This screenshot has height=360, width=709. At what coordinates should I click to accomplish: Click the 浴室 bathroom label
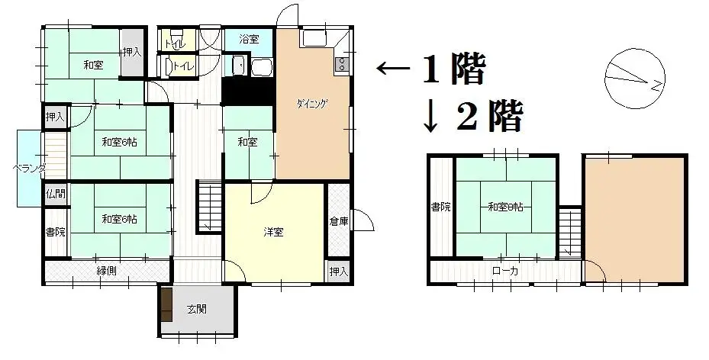tap(248, 39)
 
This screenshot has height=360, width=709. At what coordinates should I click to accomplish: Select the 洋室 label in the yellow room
tap(274, 232)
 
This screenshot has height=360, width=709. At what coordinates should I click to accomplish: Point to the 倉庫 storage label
tap(338, 221)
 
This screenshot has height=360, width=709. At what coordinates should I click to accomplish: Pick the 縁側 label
tap(106, 272)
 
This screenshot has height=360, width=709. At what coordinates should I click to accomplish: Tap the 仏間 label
tap(55, 194)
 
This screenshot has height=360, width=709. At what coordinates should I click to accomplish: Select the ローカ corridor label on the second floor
tap(504, 271)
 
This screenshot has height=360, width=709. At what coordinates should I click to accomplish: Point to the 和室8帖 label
tap(506, 206)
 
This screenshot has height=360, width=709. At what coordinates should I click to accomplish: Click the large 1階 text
tap(453, 71)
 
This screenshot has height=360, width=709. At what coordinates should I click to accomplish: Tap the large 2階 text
tap(490, 118)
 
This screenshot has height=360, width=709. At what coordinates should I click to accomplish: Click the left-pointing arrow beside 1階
tap(393, 70)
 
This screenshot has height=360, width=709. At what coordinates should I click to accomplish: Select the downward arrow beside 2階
tap(431, 117)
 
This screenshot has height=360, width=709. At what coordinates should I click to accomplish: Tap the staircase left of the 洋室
tap(209, 206)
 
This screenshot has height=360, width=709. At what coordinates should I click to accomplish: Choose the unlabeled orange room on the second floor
tap(633, 217)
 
